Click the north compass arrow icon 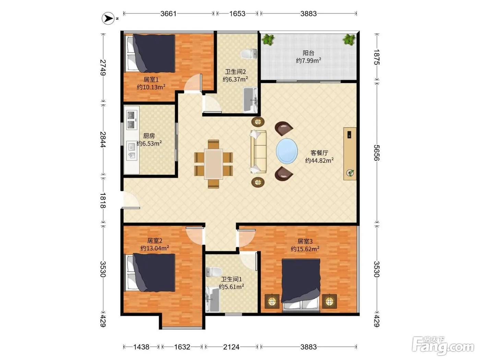click(108, 18)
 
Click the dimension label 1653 click(237, 14)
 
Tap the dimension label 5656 click(376, 153)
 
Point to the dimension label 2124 click(231, 347)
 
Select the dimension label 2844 click(103, 140)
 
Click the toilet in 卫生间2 click(249, 54)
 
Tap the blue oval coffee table click(287, 151)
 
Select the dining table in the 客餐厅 click(214, 164)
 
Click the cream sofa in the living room click(259, 152)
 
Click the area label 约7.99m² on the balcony click(308, 60)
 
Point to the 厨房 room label click(149, 136)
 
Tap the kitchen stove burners click(131, 120)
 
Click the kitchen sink click(132, 151)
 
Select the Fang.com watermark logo click(443, 346)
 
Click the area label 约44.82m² click(319, 160)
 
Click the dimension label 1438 click(141, 347)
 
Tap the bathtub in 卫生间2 click(250, 100)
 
